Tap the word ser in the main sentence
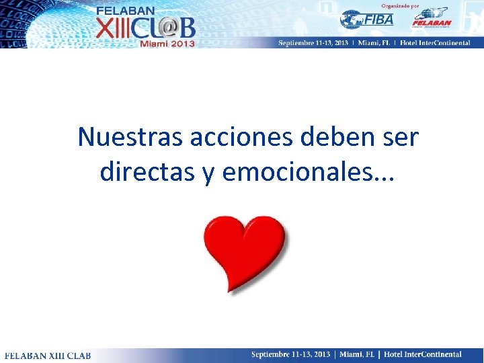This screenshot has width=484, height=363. click(401, 137)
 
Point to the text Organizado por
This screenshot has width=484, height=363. click(401, 5)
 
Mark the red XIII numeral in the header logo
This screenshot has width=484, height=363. click(114, 27)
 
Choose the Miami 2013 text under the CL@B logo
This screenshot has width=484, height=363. click(167, 43)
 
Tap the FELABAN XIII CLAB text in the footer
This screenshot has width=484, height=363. click(48, 355)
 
